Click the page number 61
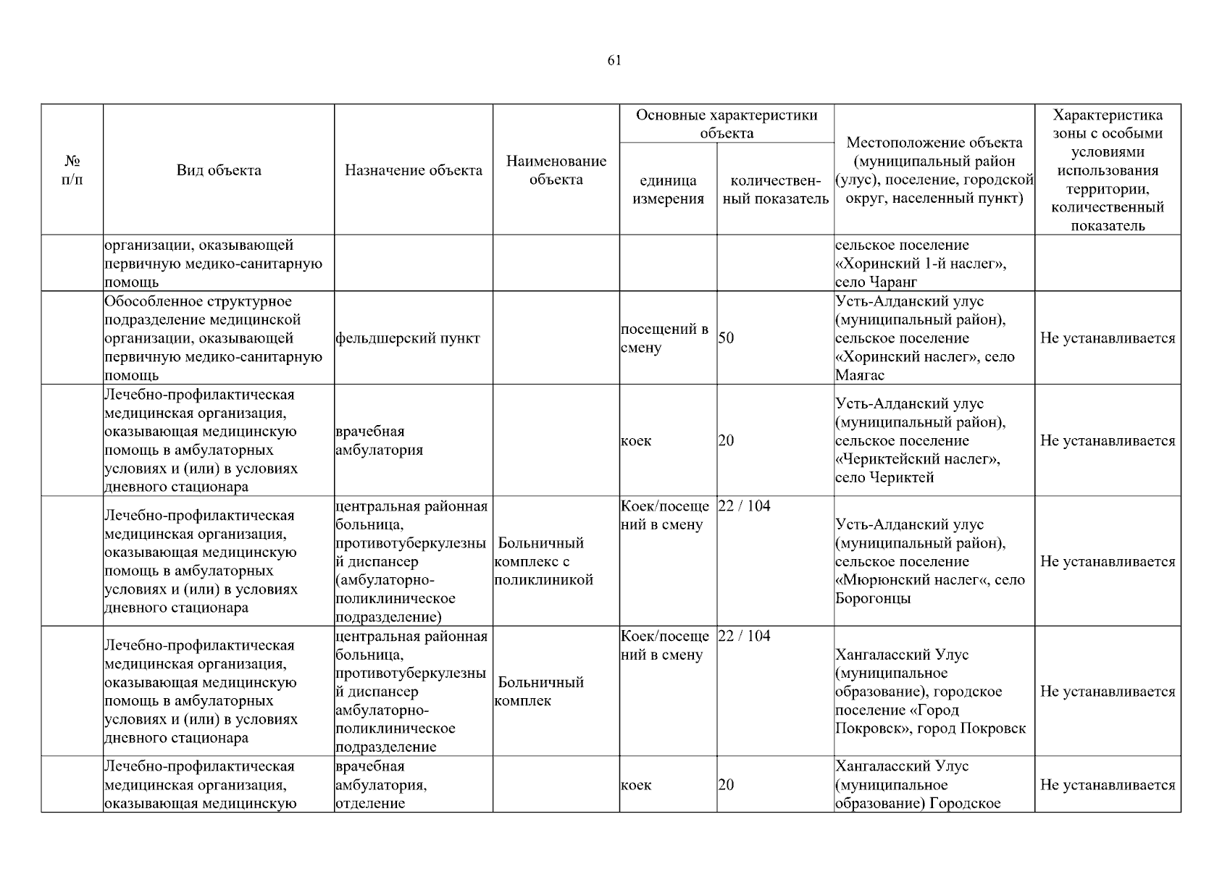pyautogui.click(x=614, y=61)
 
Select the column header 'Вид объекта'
pyautogui.click(x=219, y=171)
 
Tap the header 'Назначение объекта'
pyautogui.click(x=414, y=171)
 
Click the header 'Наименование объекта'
pyautogui.click(x=556, y=170)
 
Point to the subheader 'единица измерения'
pyautogui.click(x=668, y=190)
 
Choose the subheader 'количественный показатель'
pyautogui.click(x=776, y=190)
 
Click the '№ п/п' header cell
pyautogui.click(x=72, y=170)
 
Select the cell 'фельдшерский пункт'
pyautogui.click(x=408, y=339)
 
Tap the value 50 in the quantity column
pyautogui.click(x=726, y=339)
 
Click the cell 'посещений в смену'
pyautogui.click(x=664, y=338)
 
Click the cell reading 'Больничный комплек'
pyautogui.click(x=540, y=692)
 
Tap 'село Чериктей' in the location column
pyautogui.click(x=884, y=478)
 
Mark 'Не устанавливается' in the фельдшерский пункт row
pyautogui.click(x=1108, y=339)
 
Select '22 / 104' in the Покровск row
pyautogui.click(x=745, y=637)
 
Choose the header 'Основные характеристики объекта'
pyautogui.click(x=727, y=124)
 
